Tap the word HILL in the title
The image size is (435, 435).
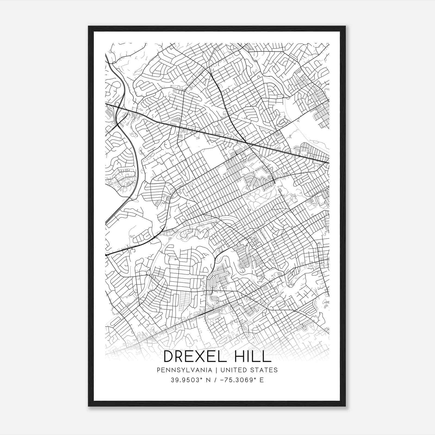point(252,356)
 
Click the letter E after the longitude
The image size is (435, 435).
point(262,380)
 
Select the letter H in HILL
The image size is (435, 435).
point(239,356)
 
